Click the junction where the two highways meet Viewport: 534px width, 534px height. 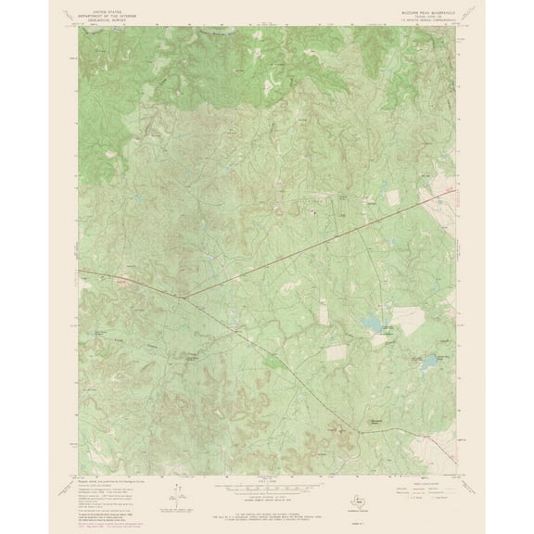184,297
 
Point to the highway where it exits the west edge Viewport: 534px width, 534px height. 79,271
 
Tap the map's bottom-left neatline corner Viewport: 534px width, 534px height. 79,473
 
